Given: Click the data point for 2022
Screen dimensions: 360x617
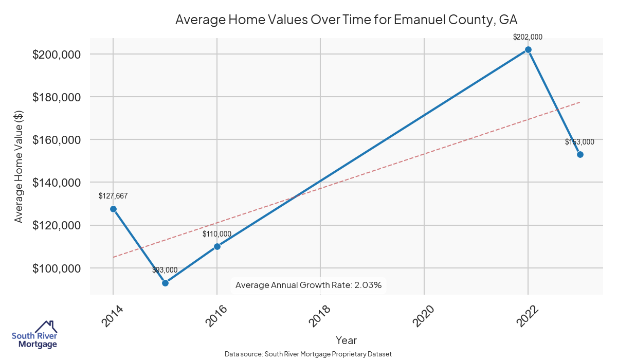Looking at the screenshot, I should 528,50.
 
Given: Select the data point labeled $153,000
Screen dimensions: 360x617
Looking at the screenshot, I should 580,154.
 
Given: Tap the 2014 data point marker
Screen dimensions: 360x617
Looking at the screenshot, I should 113,209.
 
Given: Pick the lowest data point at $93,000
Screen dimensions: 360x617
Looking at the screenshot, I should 165,283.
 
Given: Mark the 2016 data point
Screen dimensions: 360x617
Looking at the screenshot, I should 217,246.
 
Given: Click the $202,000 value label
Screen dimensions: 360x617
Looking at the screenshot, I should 528,37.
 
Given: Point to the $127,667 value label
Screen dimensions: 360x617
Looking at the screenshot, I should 113,196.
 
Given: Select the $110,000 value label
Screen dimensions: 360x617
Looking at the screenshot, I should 216,234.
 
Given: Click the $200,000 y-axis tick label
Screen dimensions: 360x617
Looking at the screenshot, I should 56,55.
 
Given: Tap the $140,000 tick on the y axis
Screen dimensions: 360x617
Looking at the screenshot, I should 56,183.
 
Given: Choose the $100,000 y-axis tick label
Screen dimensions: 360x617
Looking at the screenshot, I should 56,268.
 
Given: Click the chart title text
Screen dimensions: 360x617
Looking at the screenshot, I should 346,20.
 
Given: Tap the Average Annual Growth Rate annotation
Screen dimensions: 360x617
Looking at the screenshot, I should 308,285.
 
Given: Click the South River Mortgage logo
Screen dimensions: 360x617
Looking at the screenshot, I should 34,335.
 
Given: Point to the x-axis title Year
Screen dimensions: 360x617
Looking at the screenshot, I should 346,340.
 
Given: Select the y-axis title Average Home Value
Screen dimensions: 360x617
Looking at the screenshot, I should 19,175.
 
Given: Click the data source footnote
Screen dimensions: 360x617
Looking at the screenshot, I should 308,354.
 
